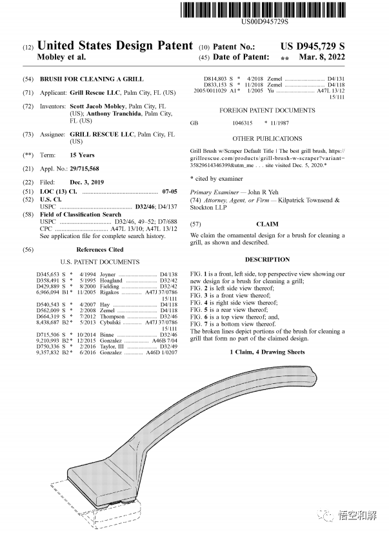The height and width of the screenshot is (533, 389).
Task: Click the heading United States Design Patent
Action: pos(115,46)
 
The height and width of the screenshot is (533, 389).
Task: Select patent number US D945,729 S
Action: pos(313,46)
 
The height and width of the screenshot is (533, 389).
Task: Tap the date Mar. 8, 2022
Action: pos(322,57)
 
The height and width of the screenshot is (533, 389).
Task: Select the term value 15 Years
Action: pos(82,156)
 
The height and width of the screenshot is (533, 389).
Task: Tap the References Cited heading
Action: pos(99,249)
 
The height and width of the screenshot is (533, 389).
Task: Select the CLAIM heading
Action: pos(267,224)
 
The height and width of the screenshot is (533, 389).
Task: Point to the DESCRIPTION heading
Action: pos(267,259)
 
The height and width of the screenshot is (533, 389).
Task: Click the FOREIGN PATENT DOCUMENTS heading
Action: pos(267,110)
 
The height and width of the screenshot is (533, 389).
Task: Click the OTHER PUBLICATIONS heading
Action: pos(267,139)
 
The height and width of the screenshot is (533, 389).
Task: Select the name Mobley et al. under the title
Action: pos(63,57)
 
